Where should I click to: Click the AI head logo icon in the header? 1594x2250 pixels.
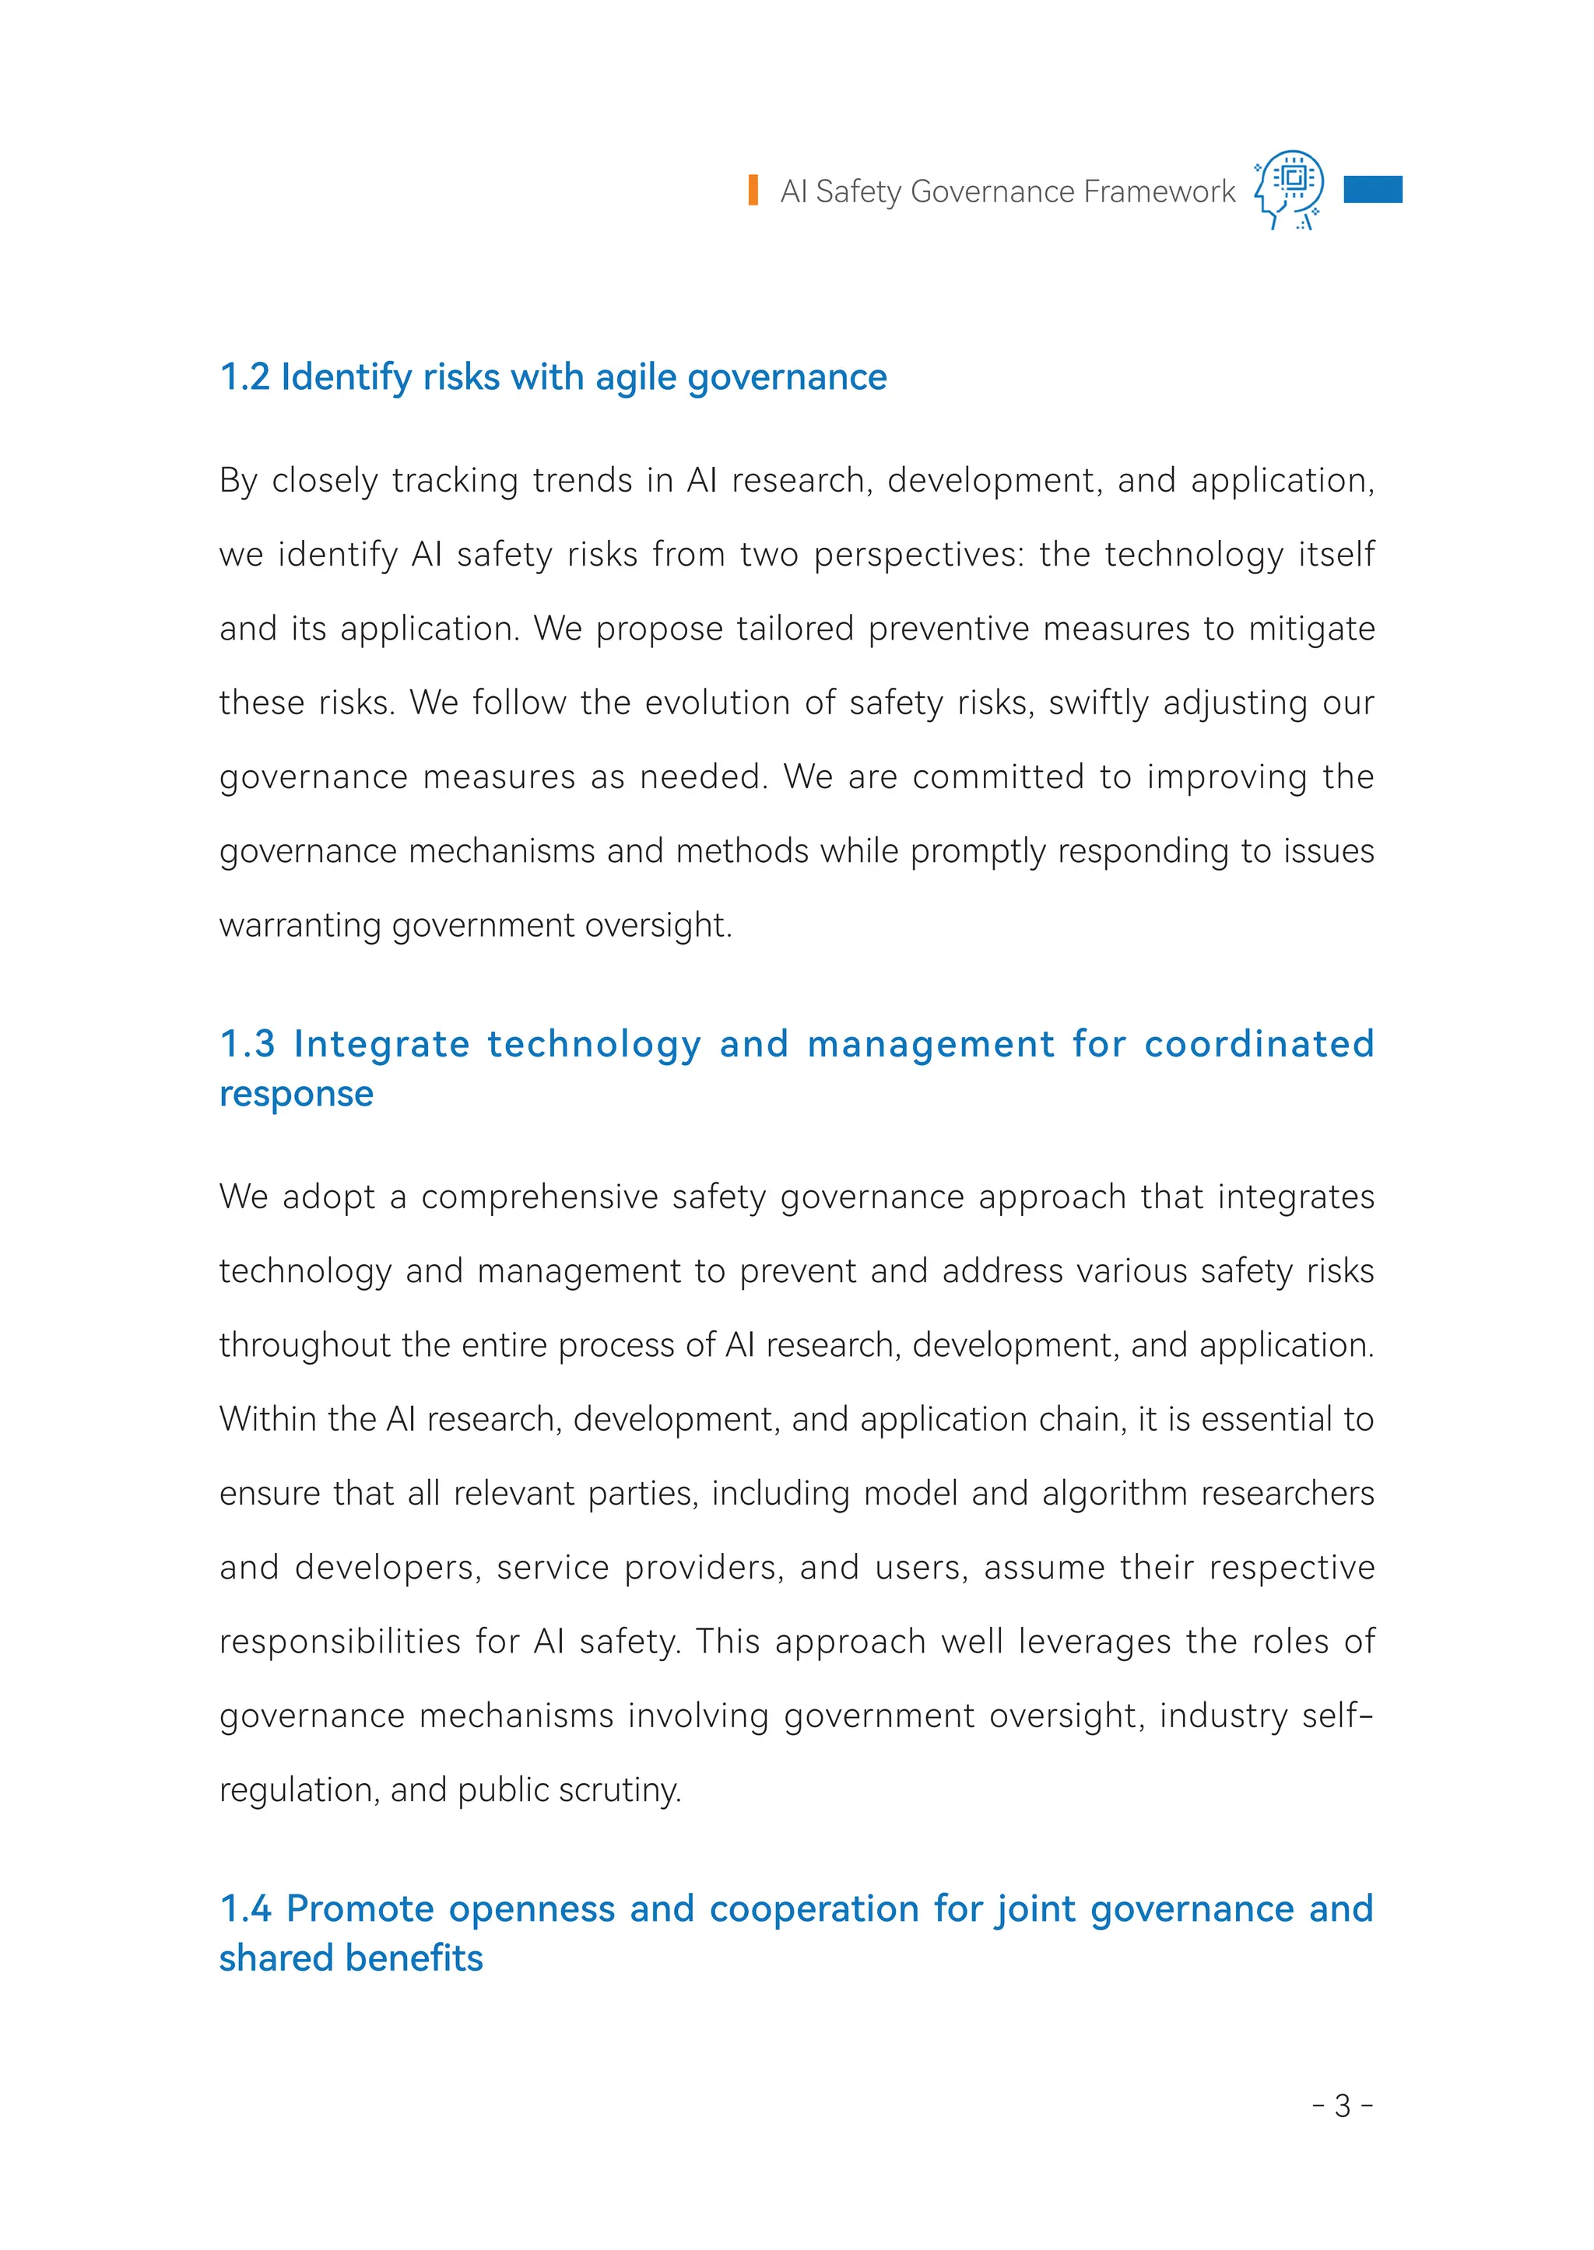(x=1290, y=188)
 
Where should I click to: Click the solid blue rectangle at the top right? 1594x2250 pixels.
(x=1372, y=189)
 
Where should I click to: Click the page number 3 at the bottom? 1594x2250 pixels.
(x=1342, y=2106)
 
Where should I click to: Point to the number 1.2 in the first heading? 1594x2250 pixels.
(x=244, y=377)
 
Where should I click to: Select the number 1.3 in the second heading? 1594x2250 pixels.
(x=248, y=1044)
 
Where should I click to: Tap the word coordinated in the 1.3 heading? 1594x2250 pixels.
(x=1259, y=1044)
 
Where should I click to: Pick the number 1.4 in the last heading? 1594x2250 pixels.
(x=245, y=1908)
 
